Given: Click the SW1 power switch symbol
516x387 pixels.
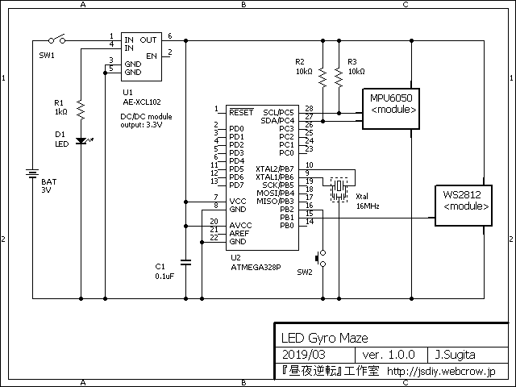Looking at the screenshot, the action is pyautogui.click(x=57, y=40).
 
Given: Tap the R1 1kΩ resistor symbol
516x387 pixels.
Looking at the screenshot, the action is pyautogui.click(x=81, y=110).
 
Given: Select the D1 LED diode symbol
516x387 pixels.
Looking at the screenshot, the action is pyautogui.click(x=82, y=141).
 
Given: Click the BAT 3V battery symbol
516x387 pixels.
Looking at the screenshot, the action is pyautogui.click(x=32, y=173).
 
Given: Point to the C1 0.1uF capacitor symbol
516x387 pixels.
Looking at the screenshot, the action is pyautogui.click(x=185, y=262).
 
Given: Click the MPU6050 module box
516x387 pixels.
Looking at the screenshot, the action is pyautogui.click(x=391, y=109).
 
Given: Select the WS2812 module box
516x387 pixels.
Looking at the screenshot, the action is pyautogui.click(x=464, y=206).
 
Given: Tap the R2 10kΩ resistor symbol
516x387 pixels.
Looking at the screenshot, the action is pyautogui.click(x=322, y=77).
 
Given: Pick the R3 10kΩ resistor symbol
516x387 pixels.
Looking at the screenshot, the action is pyautogui.click(x=339, y=77).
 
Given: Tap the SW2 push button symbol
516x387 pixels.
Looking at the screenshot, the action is pyautogui.click(x=321, y=258).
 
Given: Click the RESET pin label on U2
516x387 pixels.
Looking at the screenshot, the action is pyautogui.click(x=241, y=112).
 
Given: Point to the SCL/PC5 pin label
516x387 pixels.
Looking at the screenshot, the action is pyautogui.click(x=278, y=113).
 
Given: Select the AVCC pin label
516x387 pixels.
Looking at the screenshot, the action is pyautogui.click(x=240, y=226).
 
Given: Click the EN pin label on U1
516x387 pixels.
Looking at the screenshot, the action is pyautogui.click(x=152, y=56).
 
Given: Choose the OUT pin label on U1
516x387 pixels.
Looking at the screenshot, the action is pyautogui.click(x=148, y=40).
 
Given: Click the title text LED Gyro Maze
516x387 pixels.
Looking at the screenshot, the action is pyautogui.click(x=324, y=338).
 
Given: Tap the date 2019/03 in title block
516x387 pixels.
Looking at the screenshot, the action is pyautogui.click(x=304, y=355).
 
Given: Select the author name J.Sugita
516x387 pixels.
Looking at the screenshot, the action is pyautogui.click(x=455, y=355).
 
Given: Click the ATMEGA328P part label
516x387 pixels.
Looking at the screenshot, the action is pyautogui.click(x=256, y=267).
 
